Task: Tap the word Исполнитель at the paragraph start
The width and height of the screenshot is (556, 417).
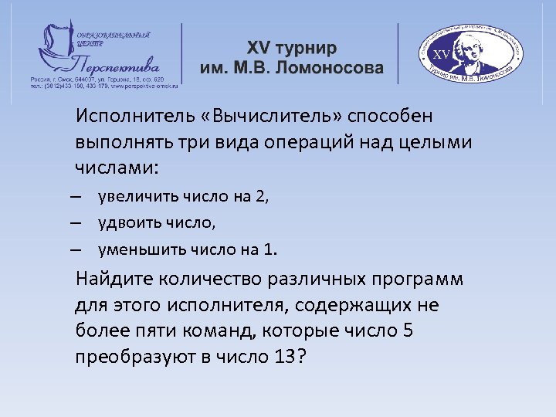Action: click(x=127, y=117)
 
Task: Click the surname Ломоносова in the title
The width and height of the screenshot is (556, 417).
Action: click(x=331, y=68)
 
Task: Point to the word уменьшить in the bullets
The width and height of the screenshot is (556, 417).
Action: click(x=132, y=249)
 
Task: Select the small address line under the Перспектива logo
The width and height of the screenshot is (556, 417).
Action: click(x=104, y=80)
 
